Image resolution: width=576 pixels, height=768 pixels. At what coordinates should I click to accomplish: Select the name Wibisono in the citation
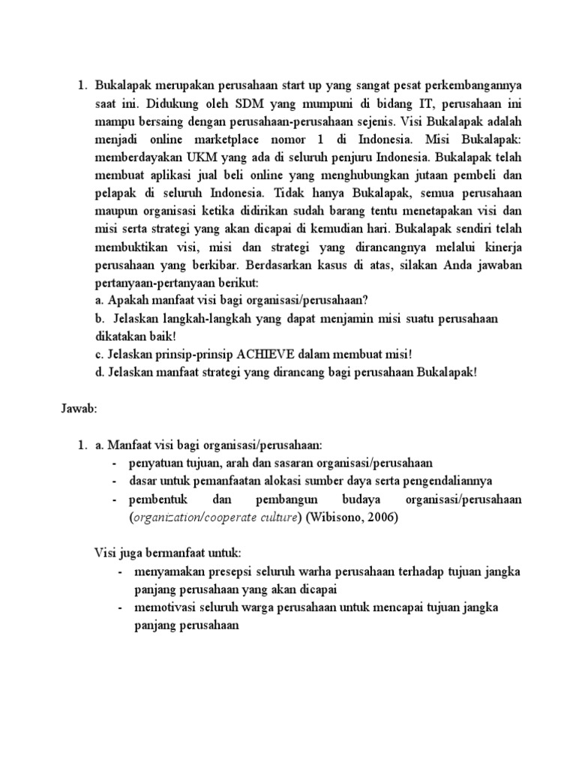[x=345, y=517]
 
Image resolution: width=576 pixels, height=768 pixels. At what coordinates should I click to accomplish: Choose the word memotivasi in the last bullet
[x=165, y=607]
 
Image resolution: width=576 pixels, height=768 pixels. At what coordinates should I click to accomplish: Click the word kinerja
[x=500, y=247]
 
